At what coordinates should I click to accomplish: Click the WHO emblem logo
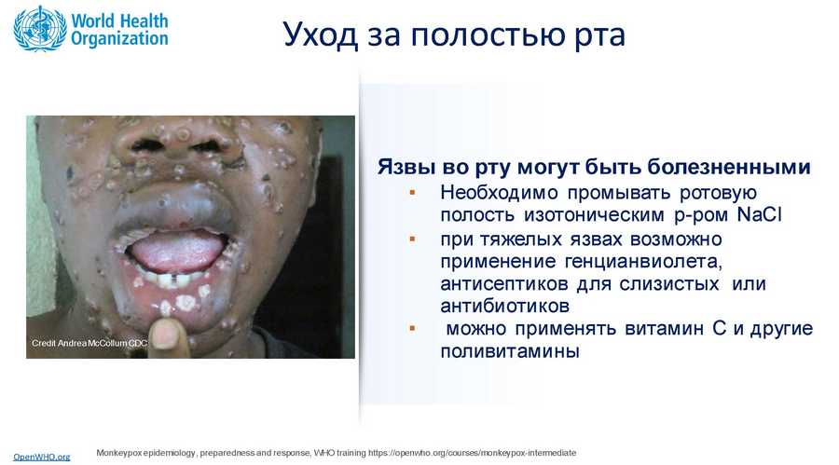(39, 28)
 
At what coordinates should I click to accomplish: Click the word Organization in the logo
(119, 39)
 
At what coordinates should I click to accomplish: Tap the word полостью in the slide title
(488, 34)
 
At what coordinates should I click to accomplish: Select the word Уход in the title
(321, 35)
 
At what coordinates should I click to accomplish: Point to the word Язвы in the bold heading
(407, 167)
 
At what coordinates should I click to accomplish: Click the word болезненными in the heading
(729, 167)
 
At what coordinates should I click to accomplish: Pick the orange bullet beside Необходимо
(412, 192)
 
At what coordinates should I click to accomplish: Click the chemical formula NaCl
(759, 214)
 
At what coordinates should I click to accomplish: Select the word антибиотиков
(504, 306)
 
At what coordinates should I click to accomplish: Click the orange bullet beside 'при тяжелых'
(412, 239)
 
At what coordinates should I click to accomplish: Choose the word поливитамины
(510, 351)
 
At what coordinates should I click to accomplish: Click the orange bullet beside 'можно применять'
(412, 328)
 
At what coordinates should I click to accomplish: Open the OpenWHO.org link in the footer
(42, 457)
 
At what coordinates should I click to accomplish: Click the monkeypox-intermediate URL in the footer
(472, 453)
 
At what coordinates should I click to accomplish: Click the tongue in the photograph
(176, 253)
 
